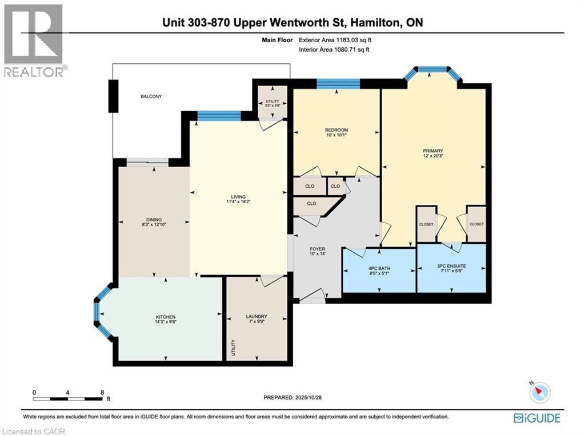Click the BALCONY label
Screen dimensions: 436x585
click(151, 96)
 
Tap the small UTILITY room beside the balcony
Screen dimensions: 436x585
click(271, 103)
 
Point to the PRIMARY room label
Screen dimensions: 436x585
click(433, 151)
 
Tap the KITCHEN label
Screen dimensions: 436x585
click(166, 317)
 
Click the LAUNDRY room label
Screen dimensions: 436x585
click(257, 317)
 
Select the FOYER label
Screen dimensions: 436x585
click(317, 249)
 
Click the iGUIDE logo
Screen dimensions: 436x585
click(536, 418)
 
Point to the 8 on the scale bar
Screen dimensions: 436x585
click(102, 393)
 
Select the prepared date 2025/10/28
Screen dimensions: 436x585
click(296, 397)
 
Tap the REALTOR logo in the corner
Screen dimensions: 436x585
click(34, 40)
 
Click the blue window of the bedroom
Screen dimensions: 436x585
click(338, 84)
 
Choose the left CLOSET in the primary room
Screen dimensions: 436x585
click(426, 224)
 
